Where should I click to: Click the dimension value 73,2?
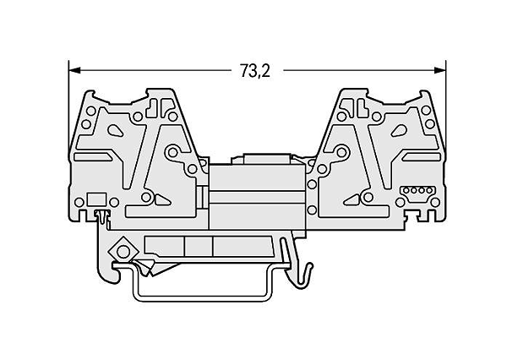point(255,70)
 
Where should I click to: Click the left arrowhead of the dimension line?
point(74,70)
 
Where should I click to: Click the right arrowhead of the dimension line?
point(440,70)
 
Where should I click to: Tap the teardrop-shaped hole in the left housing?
point(115,130)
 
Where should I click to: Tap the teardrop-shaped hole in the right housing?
point(399,130)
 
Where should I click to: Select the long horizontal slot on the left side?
point(93,157)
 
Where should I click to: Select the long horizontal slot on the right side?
point(422,157)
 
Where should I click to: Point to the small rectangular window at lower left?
point(97,199)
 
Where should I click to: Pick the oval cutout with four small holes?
point(417,190)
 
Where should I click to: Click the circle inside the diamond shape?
point(123,251)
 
